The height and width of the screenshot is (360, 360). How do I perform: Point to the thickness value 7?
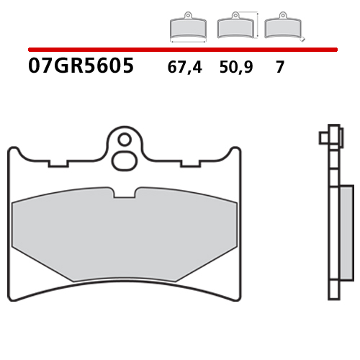click(x=279, y=68)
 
